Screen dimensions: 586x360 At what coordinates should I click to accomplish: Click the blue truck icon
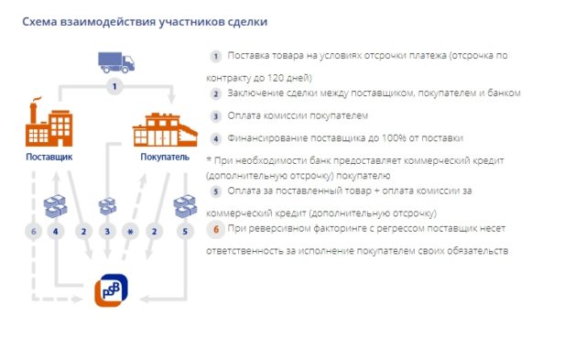click(115, 62)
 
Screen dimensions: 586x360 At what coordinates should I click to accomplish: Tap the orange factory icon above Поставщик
click(48, 125)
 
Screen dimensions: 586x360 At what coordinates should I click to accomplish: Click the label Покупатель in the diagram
click(165, 158)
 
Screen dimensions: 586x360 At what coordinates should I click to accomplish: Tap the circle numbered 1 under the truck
click(114, 87)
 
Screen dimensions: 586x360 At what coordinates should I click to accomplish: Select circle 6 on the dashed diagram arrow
click(33, 232)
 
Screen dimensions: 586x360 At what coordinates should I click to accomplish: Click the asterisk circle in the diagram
click(131, 232)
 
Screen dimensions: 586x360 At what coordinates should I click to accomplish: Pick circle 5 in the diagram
click(187, 232)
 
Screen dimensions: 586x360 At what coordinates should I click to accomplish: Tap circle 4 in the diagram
click(56, 232)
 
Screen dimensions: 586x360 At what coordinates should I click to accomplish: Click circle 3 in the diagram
click(107, 232)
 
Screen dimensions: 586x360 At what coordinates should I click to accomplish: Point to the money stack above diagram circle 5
click(186, 205)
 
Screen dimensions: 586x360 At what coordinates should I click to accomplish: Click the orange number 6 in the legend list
click(216, 228)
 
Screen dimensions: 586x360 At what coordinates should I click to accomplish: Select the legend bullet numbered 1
click(216, 57)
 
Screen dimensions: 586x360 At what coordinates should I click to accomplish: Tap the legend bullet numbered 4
click(216, 138)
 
